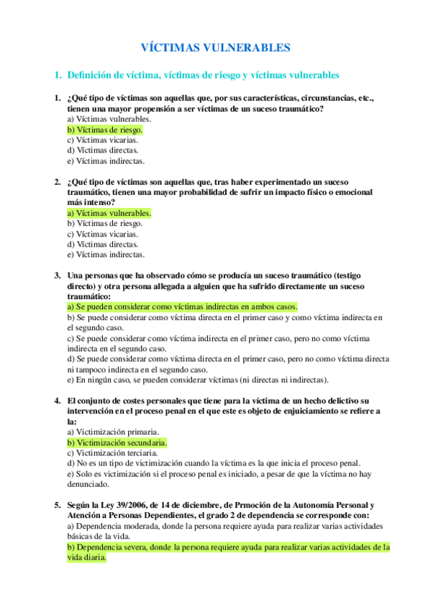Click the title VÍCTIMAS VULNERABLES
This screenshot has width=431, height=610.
click(214, 47)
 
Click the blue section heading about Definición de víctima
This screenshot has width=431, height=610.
click(202, 75)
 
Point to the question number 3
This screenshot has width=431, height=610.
click(57, 276)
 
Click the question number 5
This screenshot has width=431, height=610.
click(57, 505)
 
